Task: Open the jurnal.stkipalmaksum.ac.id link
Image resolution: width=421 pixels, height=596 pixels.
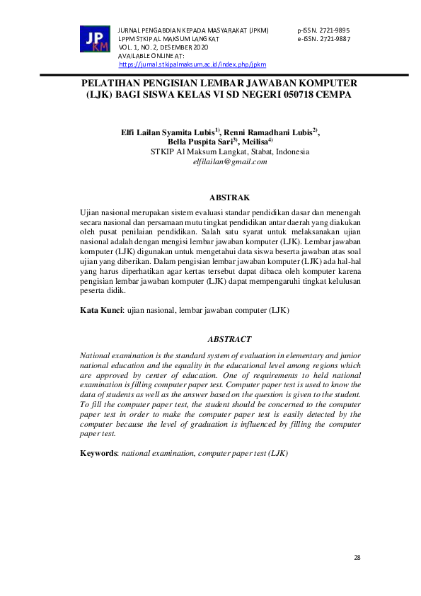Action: point(192,64)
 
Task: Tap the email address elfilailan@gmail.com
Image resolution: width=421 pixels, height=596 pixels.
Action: point(230,161)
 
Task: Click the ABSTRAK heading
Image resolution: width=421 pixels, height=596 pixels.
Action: point(229,197)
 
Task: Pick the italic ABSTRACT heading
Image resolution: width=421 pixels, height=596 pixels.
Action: point(229,340)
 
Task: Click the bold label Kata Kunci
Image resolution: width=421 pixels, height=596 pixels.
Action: point(101,310)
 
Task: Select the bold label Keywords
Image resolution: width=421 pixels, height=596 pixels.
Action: point(99,452)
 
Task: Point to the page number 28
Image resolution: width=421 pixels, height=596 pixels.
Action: point(357,558)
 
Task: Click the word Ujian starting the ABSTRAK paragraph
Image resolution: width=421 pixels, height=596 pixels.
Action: point(91,212)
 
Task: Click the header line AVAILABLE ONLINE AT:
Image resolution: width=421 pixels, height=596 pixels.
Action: point(151,56)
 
